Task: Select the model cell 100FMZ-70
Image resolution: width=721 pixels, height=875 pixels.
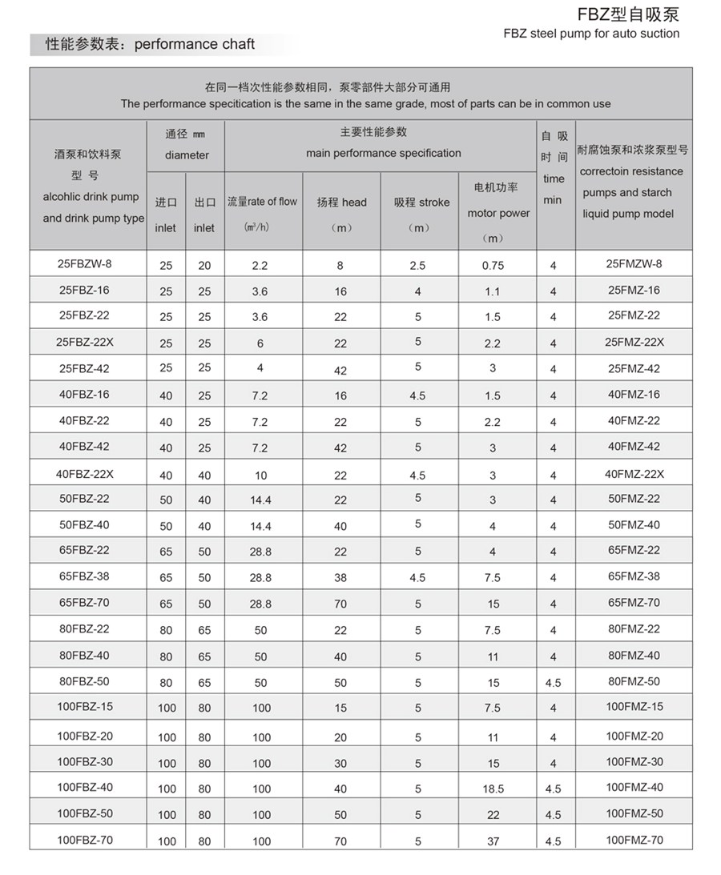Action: pyautogui.click(x=634, y=840)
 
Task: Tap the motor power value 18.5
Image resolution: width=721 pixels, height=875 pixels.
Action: pyautogui.click(x=493, y=789)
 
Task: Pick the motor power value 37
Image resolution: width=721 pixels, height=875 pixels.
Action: pyautogui.click(x=493, y=841)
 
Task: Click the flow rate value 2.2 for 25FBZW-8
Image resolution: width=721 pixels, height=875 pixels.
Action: pyautogui.click(x=260, y=265)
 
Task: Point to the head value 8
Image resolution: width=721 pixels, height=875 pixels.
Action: pyautogui.click(x=340, y=265)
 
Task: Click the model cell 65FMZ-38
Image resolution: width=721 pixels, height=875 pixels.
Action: pyautogui.click(x=634, y=576)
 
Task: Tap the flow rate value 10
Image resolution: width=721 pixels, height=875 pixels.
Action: pyautogui.click(x=261, y=476)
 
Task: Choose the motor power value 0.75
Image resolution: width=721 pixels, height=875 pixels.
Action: pyautogui.click(x=493, y=266)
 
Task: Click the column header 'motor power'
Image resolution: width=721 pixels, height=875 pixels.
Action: pyautogui.click(x=498, y=213)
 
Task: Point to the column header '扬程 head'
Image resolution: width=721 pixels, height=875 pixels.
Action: pyautogui.click(x=341, y=203)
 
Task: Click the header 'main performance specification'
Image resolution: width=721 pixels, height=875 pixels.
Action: pyautogui.click(x=383, y=153)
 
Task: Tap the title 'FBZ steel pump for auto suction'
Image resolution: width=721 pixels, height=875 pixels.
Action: pyautogui.click(x=591, y=34)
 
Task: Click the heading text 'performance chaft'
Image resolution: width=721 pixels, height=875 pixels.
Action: pyautogui.click(x=195, y=44)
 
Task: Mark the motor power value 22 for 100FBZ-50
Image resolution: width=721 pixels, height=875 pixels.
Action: pyautogui.click(x=493, y=815)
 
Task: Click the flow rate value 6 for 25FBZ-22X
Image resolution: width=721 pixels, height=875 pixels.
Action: pyautogui.click(x=260, y=343)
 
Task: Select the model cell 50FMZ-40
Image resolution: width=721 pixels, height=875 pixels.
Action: pyautogui.click(x=634, y=524)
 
